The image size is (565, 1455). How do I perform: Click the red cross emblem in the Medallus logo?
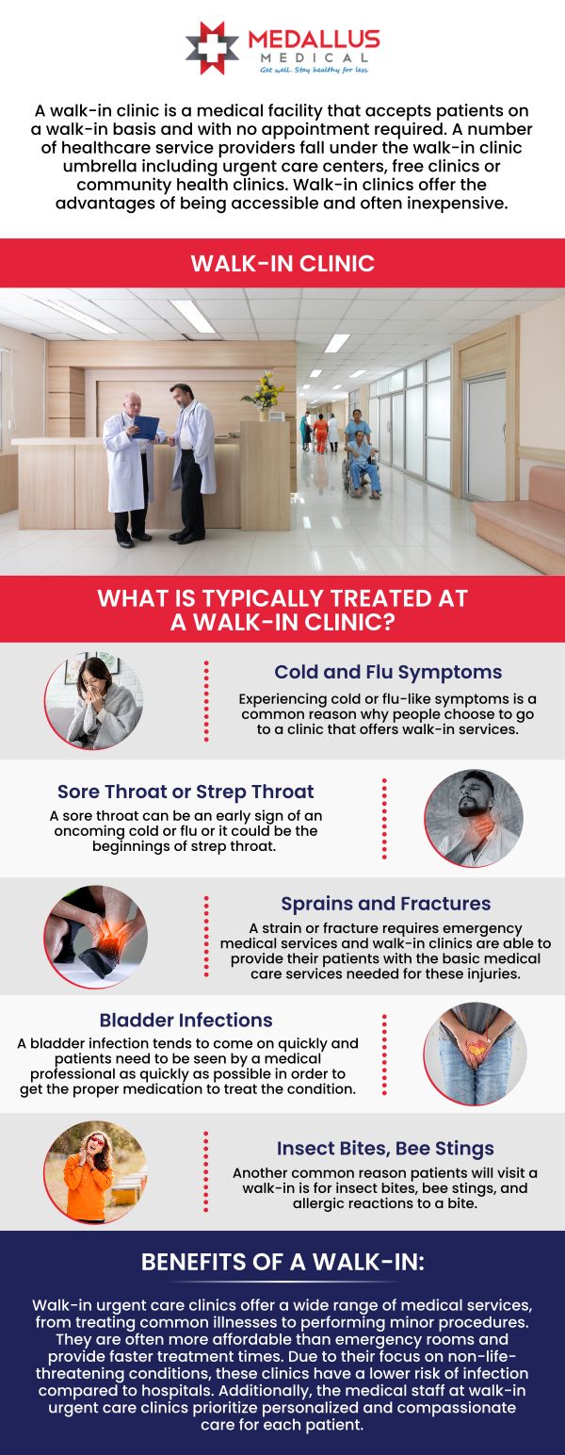pyautogui.click(x=213, y=47)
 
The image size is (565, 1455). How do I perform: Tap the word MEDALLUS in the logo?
pyautogui.click(x=315, y=40)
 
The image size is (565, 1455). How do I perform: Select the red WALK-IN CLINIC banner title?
pyautogui.click(x=282, y=263)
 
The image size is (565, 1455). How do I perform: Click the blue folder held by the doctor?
pyautogui.click(x=146, y=427)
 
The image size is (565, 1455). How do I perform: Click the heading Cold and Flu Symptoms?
pyautogui.click(x=388, y=672)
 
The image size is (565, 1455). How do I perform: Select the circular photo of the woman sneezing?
pyautogui.click(x=95, y=701)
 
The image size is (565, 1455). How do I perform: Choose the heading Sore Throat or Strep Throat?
pyautogui.click(x=186, y=792)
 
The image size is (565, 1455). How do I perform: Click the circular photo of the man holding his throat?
pyautogui.click(x=474, y=818)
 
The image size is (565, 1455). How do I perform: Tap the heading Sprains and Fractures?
pyautogui.click(x=386, y=903)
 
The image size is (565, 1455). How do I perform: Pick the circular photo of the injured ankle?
pyautogui.click(x=95, y=937)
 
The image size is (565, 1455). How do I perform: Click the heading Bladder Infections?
pyautogui.click(x=186, y=1020)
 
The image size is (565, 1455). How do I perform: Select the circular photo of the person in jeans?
pyautogui.click(x=475, y=1054)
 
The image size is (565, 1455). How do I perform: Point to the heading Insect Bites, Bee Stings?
pyautogui.click(x=385, y=1149)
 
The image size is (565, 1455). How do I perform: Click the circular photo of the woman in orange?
pyautogui.click(x=95, y=1172)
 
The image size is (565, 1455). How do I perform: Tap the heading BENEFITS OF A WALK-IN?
pyautogui.click(x=282, y=1262)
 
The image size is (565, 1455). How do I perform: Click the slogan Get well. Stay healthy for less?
pyautogui.click(x=315, y=70)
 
